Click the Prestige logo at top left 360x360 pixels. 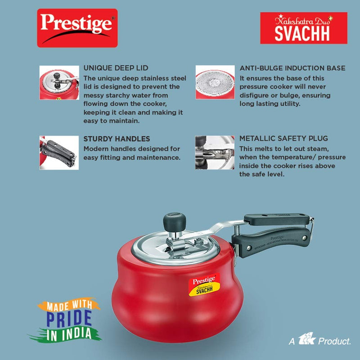point(77,28)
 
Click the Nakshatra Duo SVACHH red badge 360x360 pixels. point(304,28)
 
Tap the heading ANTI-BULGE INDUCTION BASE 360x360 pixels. point(292,68)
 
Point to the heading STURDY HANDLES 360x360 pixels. point(117,139)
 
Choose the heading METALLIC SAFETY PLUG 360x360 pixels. point(283,139)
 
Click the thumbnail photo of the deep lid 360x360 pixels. point(58,82)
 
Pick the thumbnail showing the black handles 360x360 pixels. point(58,153)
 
